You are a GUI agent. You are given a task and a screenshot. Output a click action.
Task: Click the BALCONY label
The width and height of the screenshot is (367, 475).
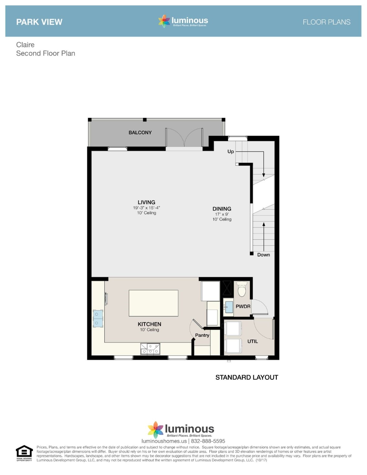click(x=140, y=132)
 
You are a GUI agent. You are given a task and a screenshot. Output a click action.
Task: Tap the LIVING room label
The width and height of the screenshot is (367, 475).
click(x=146, y=202)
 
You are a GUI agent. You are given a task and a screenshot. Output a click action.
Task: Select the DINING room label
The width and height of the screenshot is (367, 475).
click(x=222, y=209)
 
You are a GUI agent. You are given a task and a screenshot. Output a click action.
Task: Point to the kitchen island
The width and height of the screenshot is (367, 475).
click(x=153, y=303)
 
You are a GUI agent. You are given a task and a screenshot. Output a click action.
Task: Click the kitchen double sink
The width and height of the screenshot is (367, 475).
click(x=98, y=318)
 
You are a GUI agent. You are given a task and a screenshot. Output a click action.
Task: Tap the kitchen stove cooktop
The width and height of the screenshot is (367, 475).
click(x=150, y=349)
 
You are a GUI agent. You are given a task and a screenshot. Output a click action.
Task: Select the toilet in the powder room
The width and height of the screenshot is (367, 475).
click(x=242, y=289)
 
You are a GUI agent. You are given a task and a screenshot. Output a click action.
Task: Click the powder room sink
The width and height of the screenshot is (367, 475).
click(x=229, y=307)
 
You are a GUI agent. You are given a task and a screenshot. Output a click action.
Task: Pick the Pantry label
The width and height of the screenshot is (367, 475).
click(x=202, y=335)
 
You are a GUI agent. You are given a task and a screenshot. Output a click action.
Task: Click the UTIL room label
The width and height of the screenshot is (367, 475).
click(x=253, y=341)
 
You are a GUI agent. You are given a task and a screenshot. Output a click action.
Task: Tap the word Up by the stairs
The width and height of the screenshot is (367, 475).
click(x=231, y=152)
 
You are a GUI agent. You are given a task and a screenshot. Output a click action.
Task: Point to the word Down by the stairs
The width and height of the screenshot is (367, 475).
click(x=263, y=255)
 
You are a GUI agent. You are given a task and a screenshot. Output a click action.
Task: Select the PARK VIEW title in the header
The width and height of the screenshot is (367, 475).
click(x=39, y=22)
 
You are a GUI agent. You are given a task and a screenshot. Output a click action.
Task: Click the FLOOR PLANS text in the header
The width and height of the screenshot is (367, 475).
click(x=326, y=22)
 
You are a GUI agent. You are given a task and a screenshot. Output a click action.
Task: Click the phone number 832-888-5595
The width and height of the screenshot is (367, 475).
click(x=208, y=441)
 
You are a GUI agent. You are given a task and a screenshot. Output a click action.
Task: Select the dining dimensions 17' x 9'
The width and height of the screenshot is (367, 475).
click(x=222, y=214)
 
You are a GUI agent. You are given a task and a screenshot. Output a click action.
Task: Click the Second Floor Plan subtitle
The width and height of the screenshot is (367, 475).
click(x=45, y=53)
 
